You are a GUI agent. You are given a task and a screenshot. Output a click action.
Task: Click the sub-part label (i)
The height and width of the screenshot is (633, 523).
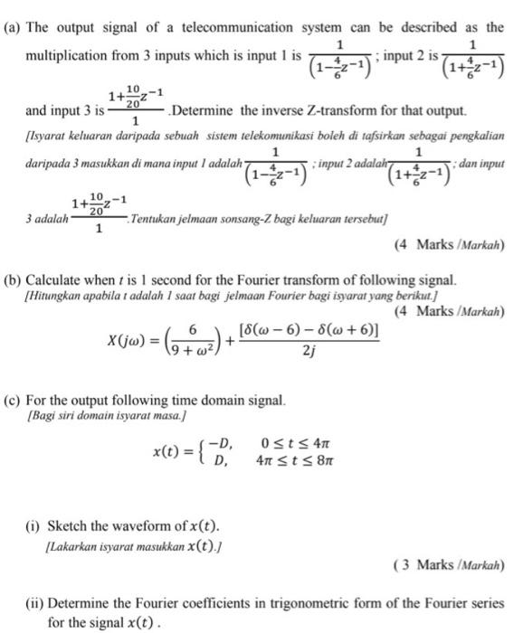pos(35,526)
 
